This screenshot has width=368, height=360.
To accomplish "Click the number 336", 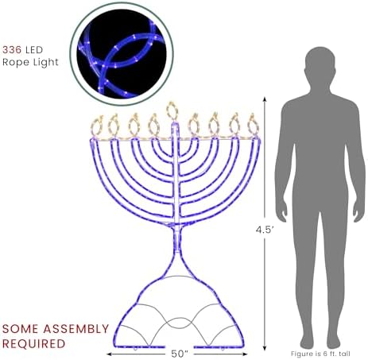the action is click(x=12, y=50).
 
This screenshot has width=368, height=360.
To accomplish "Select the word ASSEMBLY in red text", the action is click(x=76, y=329).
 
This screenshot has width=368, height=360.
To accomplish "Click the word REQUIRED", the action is click(x=33, y=344).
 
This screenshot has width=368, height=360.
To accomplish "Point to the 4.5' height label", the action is click(x=265, y=230).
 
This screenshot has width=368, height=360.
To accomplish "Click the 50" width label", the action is click(x=180, y=354).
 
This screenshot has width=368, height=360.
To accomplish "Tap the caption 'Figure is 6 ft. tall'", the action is click(x=320, y=354).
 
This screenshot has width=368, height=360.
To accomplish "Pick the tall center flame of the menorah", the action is click(x=172, y=110).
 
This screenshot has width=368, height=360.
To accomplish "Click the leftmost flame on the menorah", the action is click(x=96, y=126).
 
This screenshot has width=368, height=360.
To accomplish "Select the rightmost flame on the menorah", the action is click(x=253, y=125).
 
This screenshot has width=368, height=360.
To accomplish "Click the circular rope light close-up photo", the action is click(x=122, y=54).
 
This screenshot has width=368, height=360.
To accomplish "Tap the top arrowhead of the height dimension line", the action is click(x=265, y=99).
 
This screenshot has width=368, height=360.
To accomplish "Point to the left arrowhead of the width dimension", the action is click(x=109, y=354).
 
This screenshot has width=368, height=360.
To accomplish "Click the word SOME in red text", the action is click(x=21, y=329).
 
